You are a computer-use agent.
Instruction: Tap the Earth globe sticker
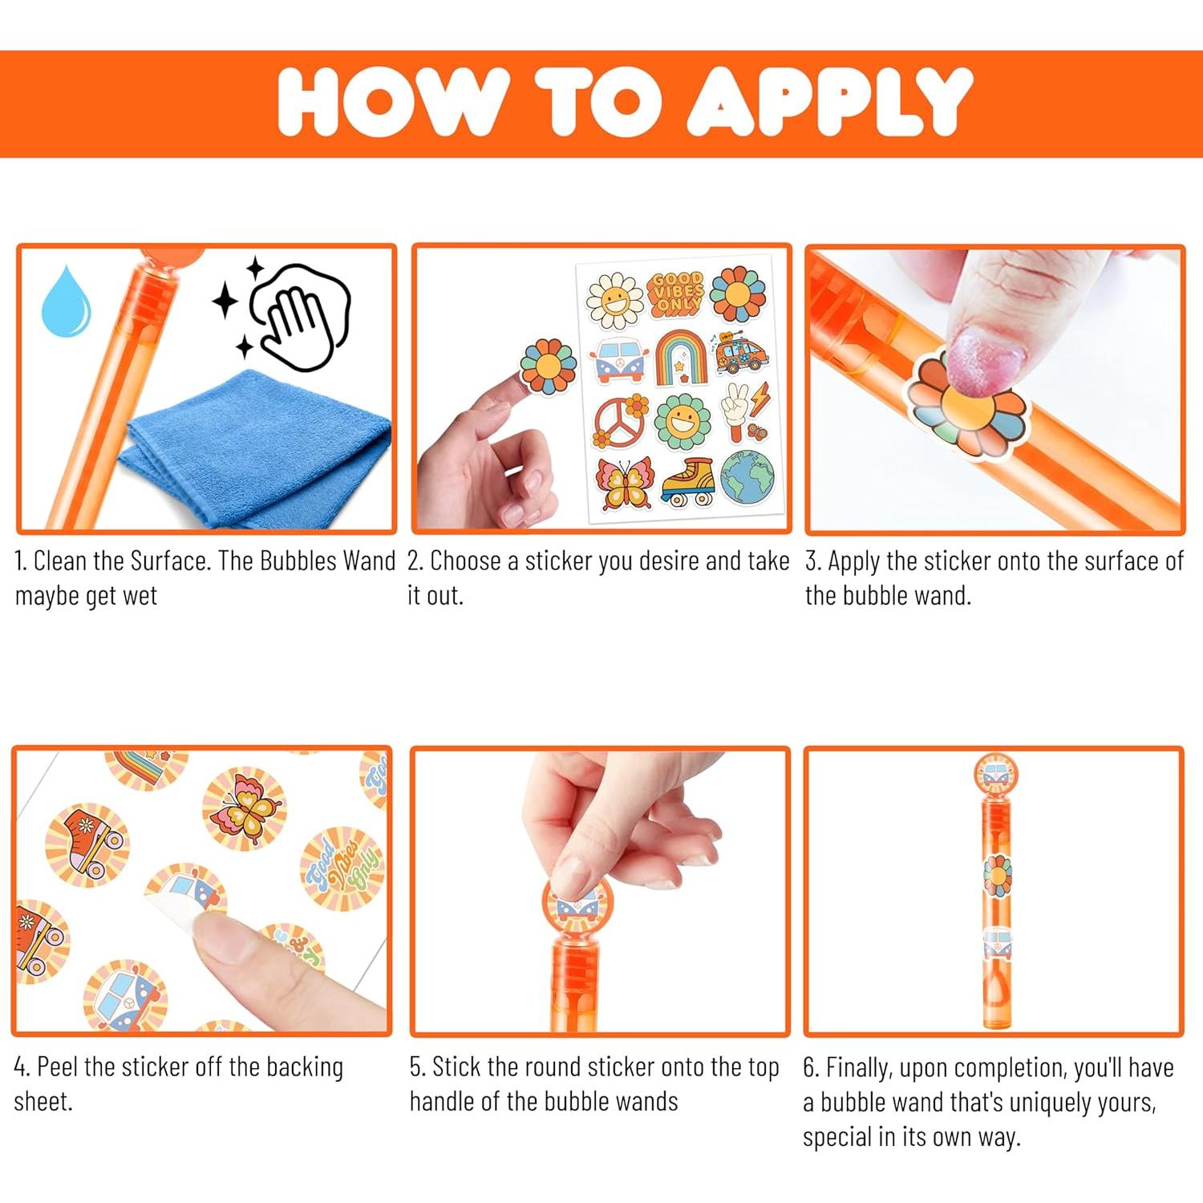[x=747, y=478]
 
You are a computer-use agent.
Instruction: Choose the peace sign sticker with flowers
[x=621, y=420]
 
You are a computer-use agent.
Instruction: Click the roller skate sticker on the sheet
[x=688, y=482]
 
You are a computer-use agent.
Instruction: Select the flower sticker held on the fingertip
[x=549, y=367]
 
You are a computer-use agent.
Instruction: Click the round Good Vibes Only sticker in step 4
[x=343, y=869]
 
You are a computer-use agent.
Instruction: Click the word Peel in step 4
[x=58, y=1067]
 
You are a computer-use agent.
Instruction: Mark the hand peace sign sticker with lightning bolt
[x=743, y=411]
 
